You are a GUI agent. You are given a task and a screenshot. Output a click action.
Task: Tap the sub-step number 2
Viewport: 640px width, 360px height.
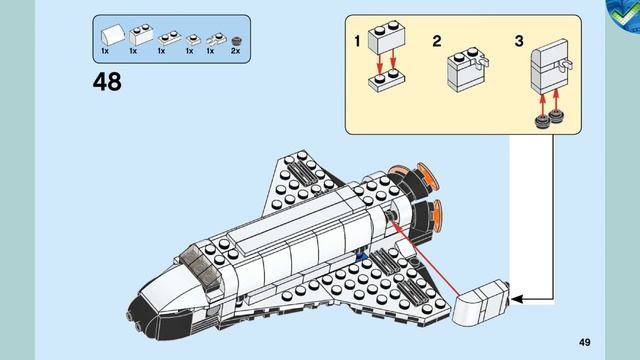[x=437, y=41]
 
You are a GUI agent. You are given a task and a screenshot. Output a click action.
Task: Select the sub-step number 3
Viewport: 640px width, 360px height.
[x=519, y=41]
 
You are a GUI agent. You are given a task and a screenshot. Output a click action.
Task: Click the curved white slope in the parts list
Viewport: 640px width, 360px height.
[x=106, y=35]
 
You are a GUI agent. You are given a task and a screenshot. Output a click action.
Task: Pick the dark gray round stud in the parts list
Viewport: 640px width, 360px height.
[x=237, y=40]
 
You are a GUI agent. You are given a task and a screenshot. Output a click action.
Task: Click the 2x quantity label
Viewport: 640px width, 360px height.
[x=237, y=51]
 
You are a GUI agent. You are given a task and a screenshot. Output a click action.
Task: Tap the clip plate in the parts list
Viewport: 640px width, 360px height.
[x=212, y=39]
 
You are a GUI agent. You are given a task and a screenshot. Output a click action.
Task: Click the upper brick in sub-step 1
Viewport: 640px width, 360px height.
[x=385, y=41]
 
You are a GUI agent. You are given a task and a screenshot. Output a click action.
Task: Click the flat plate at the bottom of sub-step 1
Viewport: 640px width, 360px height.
[x=385, y=81]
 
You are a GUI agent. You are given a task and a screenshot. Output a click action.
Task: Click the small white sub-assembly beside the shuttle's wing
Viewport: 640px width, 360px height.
[x=482, y=304]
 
